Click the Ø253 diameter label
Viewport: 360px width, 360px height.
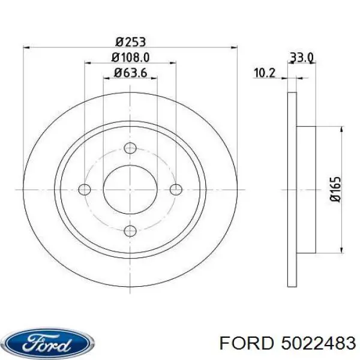[130, 42]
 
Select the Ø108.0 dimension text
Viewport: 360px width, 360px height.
[130, 58]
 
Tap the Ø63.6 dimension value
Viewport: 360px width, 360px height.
[130, 74]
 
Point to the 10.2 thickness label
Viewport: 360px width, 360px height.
[265, 73]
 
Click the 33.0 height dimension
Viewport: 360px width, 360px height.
[302, 58]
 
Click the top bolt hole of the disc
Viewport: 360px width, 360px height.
[130, 149]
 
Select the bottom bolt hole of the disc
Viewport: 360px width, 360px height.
[130, 230]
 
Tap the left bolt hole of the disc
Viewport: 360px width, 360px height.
[85, 190]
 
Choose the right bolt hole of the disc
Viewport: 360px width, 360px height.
[175, 190]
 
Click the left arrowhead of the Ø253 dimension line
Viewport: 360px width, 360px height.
[27, 49]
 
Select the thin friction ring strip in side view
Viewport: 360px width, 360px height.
[292, 190]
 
